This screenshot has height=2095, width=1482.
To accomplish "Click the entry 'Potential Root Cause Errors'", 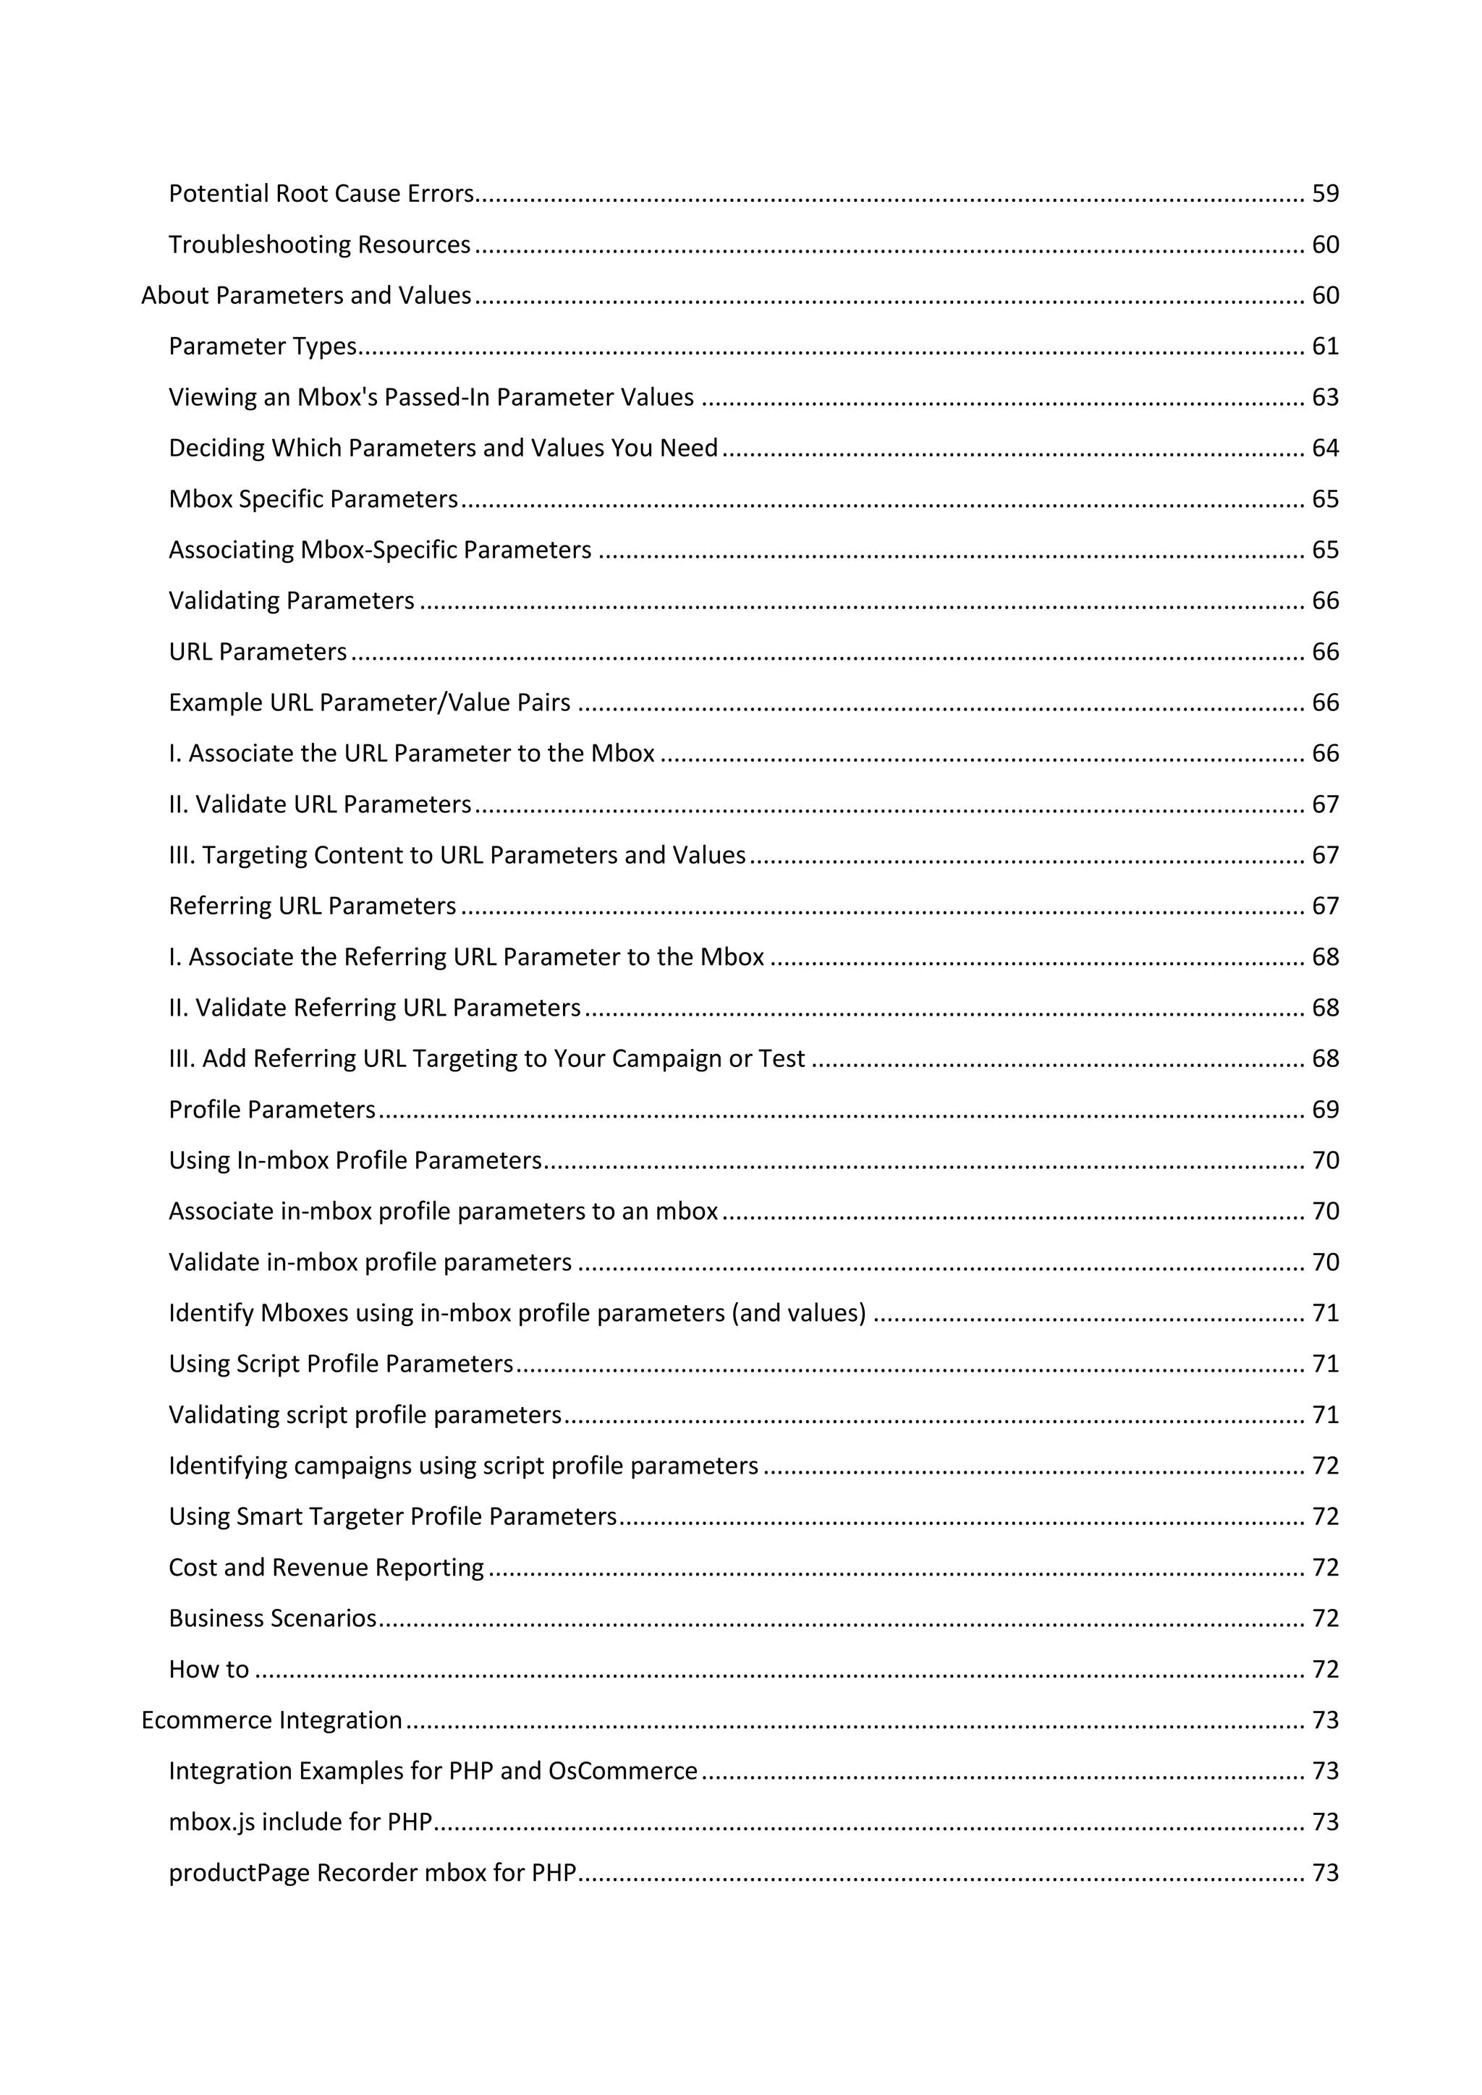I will [x=321, y=193].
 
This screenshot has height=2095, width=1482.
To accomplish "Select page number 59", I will [x=1325, y=193].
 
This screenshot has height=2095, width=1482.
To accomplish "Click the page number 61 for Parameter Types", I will [x=1325, y=347].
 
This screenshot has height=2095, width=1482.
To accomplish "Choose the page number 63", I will [x=1325, y=398].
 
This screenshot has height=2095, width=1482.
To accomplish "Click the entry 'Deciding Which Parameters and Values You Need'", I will [x=443, y=448].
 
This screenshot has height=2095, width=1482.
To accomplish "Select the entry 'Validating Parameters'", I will [x=291, y=601].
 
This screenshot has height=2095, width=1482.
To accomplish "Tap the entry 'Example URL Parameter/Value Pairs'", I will [x=370, y=702].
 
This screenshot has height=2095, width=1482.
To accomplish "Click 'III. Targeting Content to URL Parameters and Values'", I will [x=457, y=855].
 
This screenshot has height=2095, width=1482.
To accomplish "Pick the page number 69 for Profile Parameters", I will [x=1325, y=1110].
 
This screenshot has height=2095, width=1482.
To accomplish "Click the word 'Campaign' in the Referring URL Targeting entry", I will [x=666, y=1058].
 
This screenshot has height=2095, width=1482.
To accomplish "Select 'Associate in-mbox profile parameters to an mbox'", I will [x=444, y=1212].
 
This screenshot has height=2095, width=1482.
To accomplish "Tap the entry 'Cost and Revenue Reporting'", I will [x=326, y=1568].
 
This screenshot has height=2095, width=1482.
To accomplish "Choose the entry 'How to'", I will [x=208, y=1670].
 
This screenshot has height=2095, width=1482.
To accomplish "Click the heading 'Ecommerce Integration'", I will [x=271, y=1720].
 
